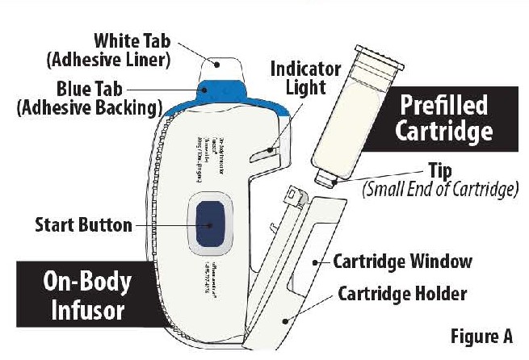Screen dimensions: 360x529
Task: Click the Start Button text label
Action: tap(83, 224)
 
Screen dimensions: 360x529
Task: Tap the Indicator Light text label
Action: tap(304, 79)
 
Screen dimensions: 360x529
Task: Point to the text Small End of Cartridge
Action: tap(440, 190)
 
